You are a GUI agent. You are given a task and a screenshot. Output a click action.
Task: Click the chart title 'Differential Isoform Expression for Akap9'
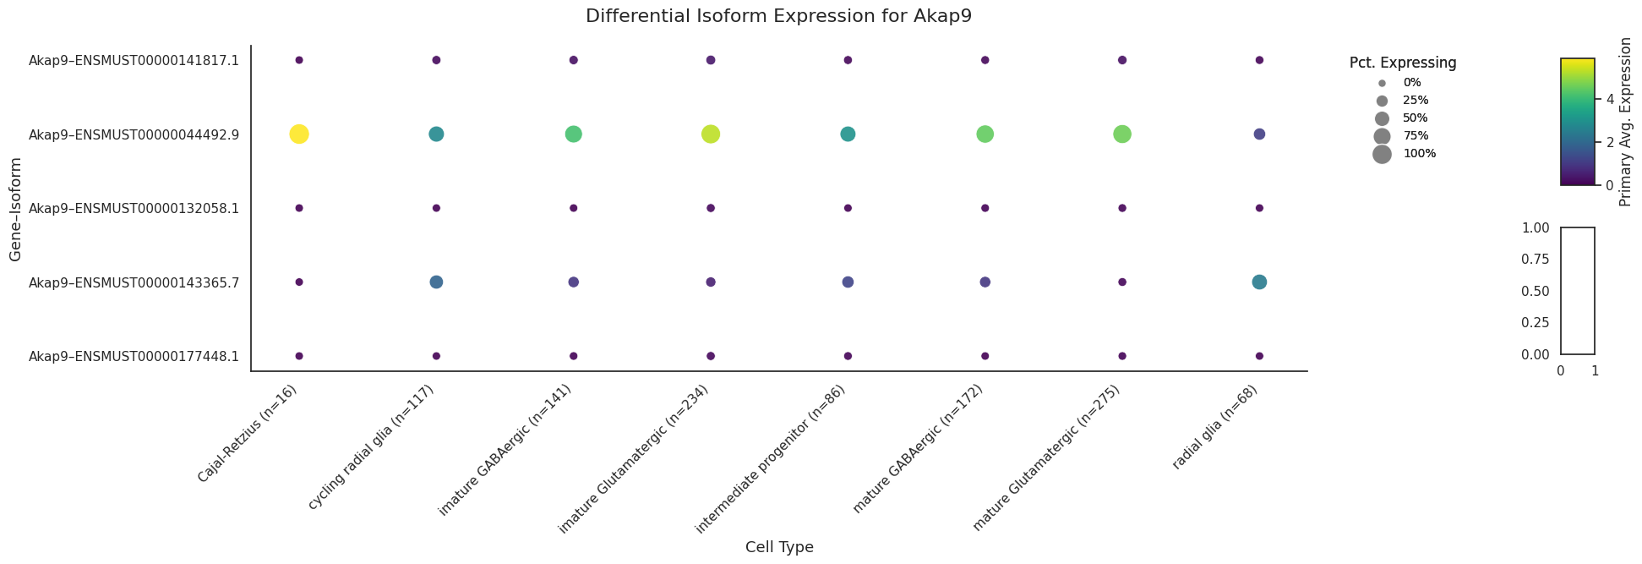click(x=778, y=16)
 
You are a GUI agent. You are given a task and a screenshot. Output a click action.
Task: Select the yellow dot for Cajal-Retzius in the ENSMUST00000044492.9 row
click(x=299, y=134)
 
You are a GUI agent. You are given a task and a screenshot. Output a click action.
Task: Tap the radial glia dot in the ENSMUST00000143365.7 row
click(x=1259, y=282)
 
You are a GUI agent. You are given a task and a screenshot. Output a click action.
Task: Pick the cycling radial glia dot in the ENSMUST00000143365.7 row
click(x=436, y=282)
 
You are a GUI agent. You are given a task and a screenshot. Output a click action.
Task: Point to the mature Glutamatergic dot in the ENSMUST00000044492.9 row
click(x=1122, y=134)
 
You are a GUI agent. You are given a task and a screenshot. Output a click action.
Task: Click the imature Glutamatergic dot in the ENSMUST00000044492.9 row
click(x=711, y=134)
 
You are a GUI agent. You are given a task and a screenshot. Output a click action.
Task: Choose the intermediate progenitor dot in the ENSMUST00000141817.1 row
click(x=848, y=60)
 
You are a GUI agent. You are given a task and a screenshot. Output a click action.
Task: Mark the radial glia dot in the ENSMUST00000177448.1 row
click(x=1259, y=356)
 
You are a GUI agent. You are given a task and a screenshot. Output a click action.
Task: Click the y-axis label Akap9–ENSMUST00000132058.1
click(x=134, y=208)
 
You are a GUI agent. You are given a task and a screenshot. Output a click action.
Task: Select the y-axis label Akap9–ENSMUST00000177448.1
click(x=134, y=356)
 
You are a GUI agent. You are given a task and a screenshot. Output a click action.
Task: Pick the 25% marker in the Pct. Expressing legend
click(x=1382, y=101)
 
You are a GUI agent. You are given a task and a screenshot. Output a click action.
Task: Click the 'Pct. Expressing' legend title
click(x=1403, y=63)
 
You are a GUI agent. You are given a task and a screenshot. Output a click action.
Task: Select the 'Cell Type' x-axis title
click(x=779, y=547)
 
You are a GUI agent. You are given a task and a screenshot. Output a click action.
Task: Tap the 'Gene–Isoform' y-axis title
click(x=15, y=207)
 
